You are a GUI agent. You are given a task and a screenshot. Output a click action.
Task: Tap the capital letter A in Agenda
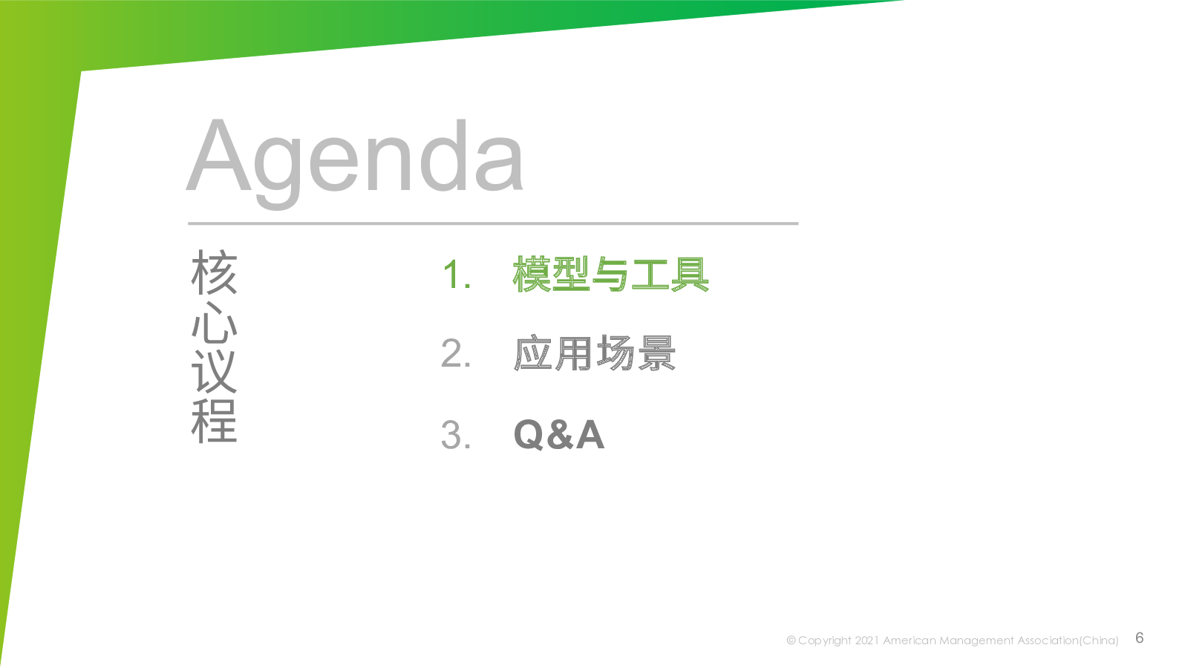point(218,155)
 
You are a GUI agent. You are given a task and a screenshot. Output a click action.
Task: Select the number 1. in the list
point(457,275)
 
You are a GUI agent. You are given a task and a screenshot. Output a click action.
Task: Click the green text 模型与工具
point(611,274)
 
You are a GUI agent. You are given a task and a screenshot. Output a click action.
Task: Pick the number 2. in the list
point(456,353)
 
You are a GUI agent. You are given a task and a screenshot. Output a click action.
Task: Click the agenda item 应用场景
point(595,353)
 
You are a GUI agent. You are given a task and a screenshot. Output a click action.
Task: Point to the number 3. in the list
point(456,435)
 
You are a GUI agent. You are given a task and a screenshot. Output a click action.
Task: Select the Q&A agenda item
point(559,435)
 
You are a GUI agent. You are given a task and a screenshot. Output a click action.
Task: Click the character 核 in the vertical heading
point(215,272)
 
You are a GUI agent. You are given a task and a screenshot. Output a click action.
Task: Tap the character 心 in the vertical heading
point(215,322)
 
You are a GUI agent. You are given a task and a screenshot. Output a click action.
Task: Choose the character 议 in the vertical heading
point(215,371)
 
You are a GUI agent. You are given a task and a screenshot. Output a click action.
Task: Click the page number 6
point(1139,638)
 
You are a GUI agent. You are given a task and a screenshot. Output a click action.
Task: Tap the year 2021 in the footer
point(866,641)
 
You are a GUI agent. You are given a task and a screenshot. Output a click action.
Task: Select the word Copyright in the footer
point(825,641)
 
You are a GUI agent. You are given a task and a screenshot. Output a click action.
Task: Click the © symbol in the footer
point(791,641)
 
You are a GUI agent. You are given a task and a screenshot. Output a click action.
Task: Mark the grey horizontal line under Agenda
point(493,223)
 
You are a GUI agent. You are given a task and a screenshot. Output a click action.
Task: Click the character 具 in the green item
point(690,274)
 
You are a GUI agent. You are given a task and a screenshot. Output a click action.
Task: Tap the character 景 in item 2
point(656,353)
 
